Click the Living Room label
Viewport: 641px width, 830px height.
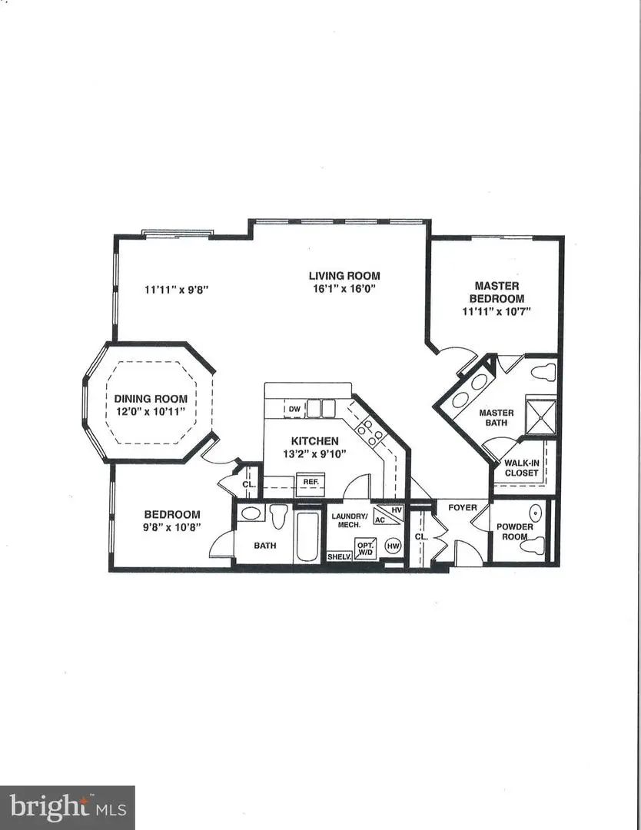click(344, 276)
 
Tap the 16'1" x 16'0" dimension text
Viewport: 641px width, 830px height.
click(344, 290)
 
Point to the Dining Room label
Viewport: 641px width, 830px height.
click(151, 399)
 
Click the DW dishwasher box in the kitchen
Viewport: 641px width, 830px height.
click(294, 409)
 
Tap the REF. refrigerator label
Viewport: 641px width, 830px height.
click(311, 482)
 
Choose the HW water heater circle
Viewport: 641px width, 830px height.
click(393, 546)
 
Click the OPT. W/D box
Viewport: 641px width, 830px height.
click(365, 548)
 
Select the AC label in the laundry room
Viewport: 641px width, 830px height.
click(380, 520)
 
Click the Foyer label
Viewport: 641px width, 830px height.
click(463, 508)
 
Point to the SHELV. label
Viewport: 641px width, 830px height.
click(339, 556)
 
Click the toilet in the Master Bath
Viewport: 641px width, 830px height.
click(543, 373)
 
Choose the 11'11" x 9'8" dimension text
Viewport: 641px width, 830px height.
click(177, 290)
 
